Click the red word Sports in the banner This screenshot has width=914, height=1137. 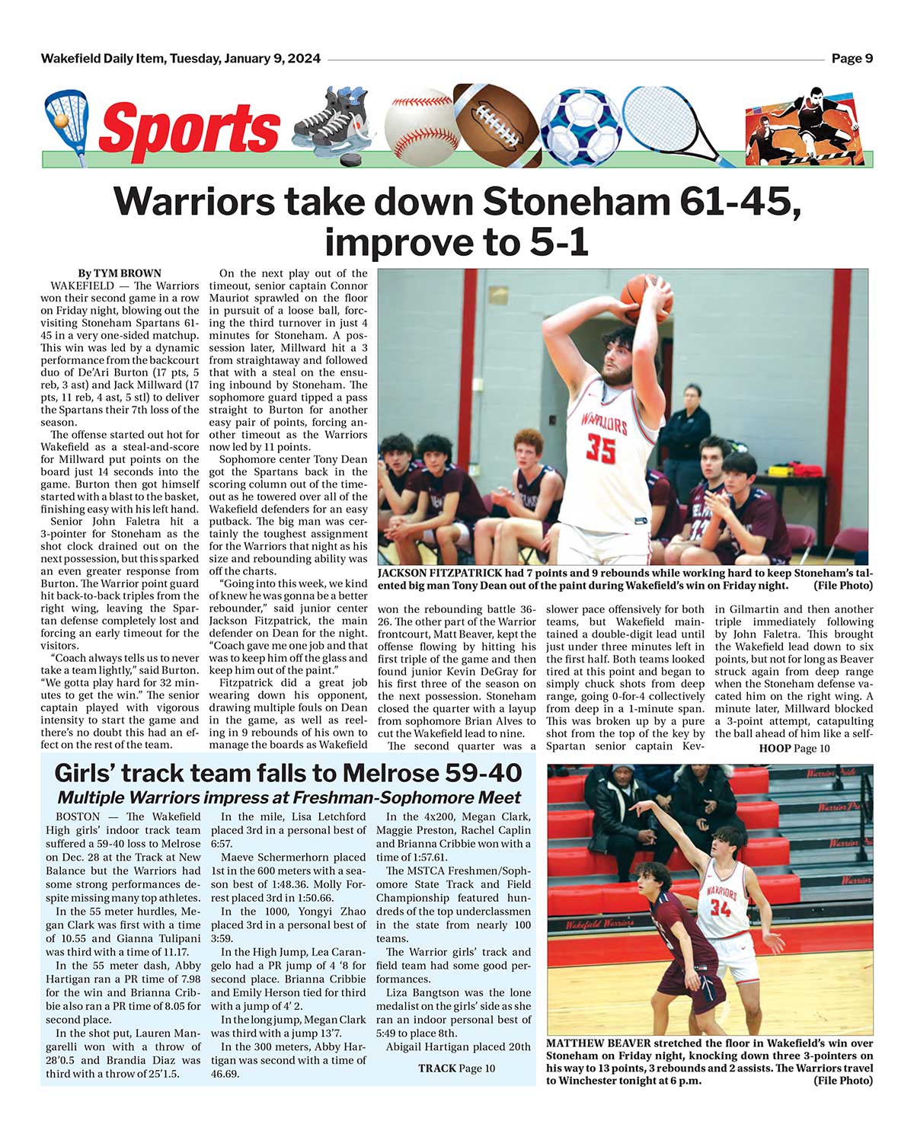190,127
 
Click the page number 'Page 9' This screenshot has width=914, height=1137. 852,59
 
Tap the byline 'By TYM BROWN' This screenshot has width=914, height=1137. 120,273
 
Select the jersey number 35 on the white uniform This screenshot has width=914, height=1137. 600,449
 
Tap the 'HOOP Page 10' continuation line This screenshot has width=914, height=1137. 794,749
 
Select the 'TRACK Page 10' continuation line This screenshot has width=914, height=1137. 456,1068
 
